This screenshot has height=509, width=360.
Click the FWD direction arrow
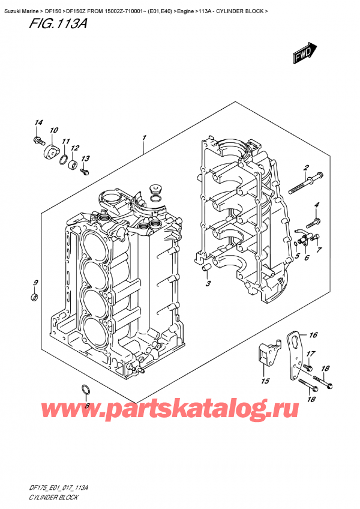tap(304, 52)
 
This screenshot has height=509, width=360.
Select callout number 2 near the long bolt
tap(306, 167)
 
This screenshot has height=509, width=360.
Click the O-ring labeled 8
tap(86, 392)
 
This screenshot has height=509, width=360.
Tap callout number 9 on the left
tap(35, 283)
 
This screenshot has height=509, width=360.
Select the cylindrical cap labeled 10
tap(50, 149)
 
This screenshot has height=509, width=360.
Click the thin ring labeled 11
tap(63, 158)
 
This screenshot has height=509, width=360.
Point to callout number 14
tap(38, 124)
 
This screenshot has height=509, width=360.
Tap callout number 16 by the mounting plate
tap(313, 335)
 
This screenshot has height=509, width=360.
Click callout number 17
tap(311, 354)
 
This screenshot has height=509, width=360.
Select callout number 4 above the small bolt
tap(317, 205)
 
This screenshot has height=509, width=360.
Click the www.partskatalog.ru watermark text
tap(180, 411)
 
